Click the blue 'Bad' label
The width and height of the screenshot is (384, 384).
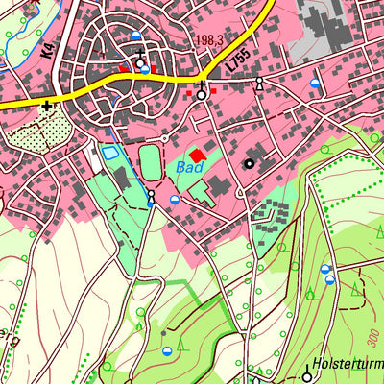pos(188,167)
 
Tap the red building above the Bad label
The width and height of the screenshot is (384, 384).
pos(198,155)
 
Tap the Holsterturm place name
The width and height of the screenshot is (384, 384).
pos(348,366)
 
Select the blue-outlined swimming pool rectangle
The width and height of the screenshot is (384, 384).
pos(110,153)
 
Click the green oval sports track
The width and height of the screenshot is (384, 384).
pos(151,159)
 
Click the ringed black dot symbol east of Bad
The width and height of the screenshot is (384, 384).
pos(250,164)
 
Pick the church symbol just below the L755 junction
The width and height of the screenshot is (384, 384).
pos(202,93)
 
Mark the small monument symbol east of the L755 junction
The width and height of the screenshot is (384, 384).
pos(258,86)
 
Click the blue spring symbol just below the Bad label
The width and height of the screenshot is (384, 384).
pos(175,200)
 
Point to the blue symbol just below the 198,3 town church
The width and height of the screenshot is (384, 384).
pos(145,70)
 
